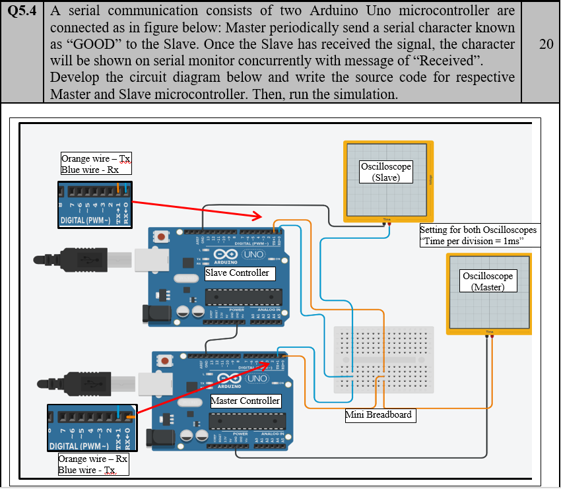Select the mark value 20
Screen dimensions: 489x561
545,44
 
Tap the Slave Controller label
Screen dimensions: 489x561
237,273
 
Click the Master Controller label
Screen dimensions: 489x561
245,401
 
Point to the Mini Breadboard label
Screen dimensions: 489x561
379,415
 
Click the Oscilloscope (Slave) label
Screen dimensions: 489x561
385,172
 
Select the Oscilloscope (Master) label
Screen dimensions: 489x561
488,281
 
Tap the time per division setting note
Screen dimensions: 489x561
478,236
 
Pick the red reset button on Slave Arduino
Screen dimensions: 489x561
162,236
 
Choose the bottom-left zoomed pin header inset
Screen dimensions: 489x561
92,429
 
